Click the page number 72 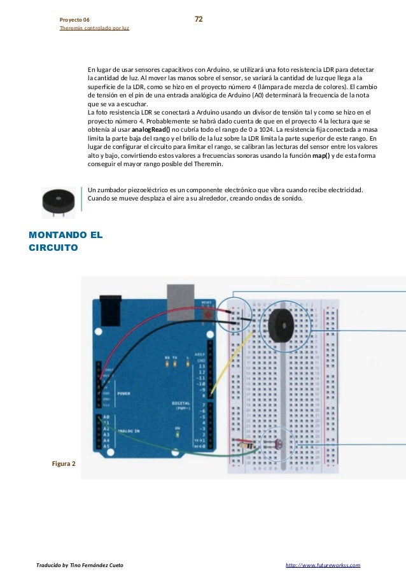(199, 20)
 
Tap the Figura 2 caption (64, 463)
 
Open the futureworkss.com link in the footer (323, 565)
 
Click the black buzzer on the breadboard (279, 327)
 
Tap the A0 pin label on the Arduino (106, 417)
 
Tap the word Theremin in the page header (72, 29)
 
